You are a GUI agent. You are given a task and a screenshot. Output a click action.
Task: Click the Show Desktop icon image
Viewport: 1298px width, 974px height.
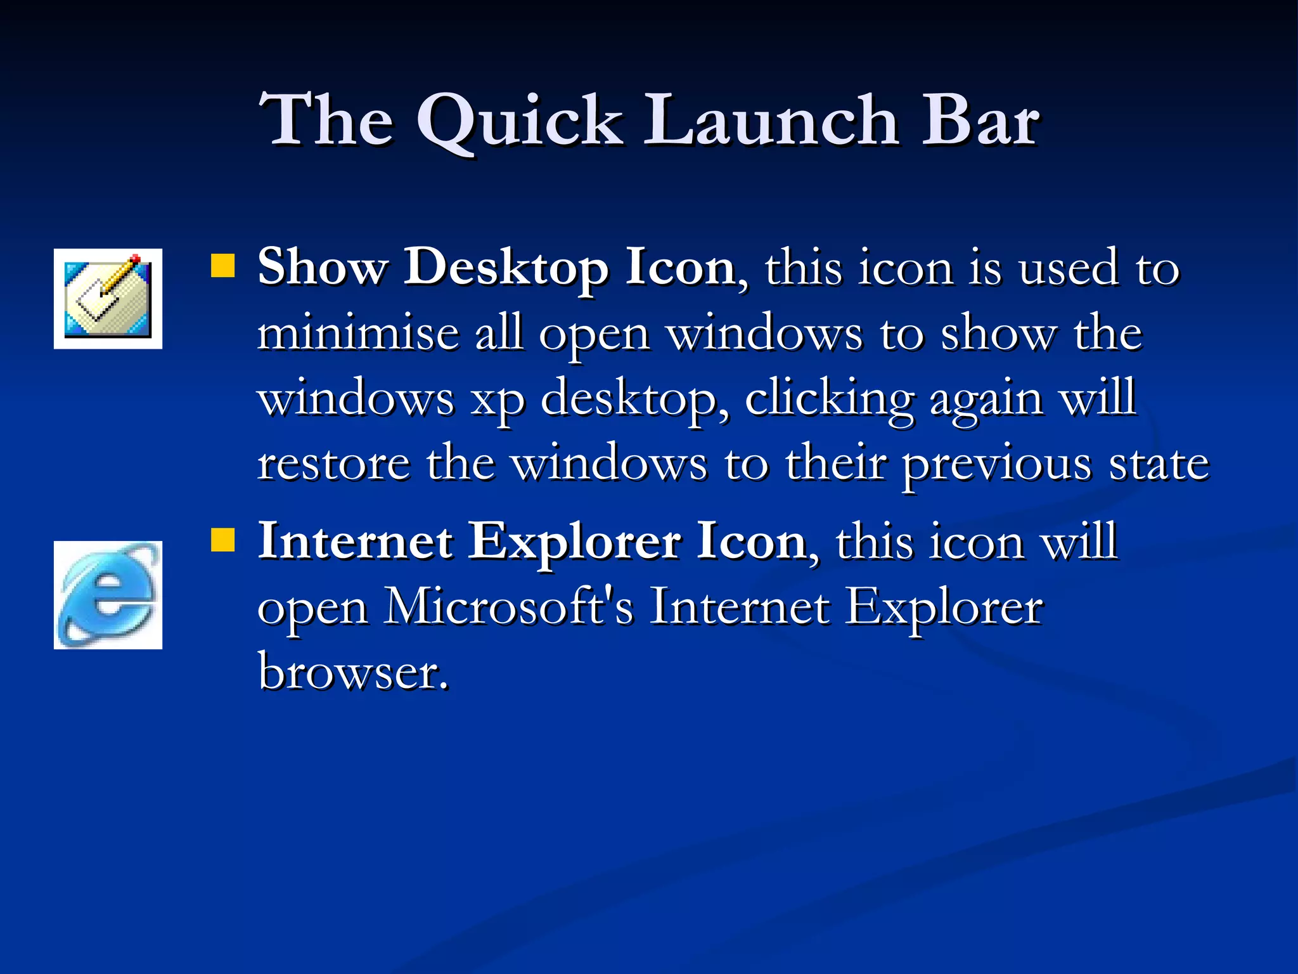click(108, 299)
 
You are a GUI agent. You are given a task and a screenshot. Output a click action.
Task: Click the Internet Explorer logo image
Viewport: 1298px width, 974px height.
click(108, 595)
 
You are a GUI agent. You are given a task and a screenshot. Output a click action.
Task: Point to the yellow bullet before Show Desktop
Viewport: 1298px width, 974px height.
click(222, 266)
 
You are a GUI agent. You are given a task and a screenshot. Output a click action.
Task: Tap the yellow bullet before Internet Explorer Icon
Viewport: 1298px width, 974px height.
click(222, 540)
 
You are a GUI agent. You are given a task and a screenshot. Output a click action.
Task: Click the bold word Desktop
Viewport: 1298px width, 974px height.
click(506, 268)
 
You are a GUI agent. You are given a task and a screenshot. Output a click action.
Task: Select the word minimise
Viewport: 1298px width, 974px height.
click(358, 334)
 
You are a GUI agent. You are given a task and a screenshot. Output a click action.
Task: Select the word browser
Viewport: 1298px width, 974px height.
click(352, 672)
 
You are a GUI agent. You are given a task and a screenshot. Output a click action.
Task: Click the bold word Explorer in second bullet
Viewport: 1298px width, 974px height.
click(574, 542)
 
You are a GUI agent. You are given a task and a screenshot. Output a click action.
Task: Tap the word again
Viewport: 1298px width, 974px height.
click(986, 399)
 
